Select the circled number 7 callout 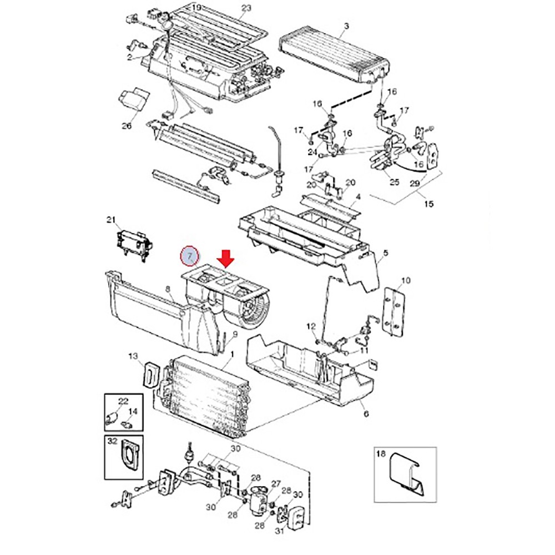tap(190, 256)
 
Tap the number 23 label tap(246, 8)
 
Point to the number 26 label tap(127, 125)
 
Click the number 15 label tap(428, 204)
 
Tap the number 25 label tap(394, 182)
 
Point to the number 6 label tap(366, 414)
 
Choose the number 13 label tap(133, 355)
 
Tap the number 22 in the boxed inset tap(123, 401)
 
